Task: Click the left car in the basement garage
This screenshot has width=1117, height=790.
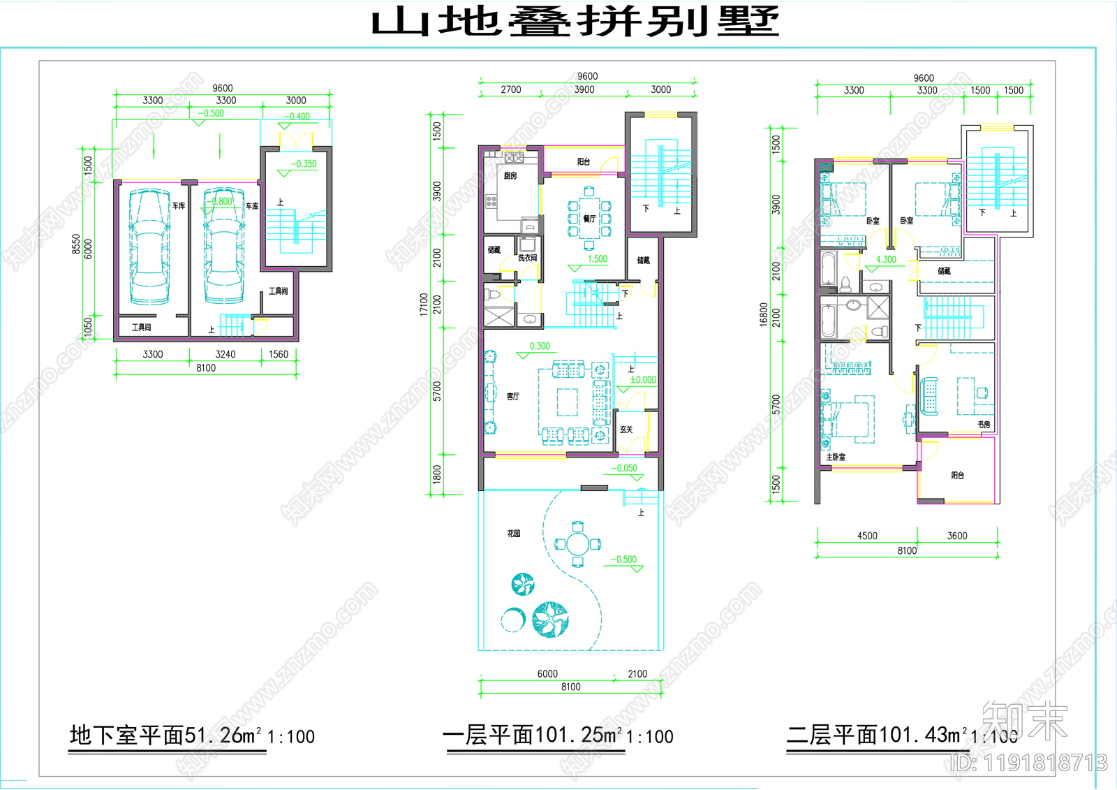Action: point(149,246)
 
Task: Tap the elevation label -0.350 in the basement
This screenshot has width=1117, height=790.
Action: point(304,163)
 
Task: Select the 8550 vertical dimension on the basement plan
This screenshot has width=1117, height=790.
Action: point(76,244)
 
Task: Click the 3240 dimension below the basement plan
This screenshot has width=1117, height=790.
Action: point(225,354)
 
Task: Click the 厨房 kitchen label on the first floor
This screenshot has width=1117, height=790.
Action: point(510,176)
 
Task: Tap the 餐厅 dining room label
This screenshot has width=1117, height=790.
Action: point(589,219)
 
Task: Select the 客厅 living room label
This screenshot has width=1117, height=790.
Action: point(512,396)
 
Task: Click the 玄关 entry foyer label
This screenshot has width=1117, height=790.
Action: point(626,430)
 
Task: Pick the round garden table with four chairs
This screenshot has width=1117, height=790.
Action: point(578,543)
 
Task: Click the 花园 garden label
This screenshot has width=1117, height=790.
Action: point(514,533)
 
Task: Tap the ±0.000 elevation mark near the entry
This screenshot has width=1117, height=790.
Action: point(643,380)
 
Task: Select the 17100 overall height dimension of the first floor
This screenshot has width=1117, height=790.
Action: point(424,304)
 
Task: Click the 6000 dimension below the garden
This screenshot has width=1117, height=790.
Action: point(547,673)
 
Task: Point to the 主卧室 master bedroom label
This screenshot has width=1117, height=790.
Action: point(836,457)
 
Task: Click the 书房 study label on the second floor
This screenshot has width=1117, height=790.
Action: point(983,424)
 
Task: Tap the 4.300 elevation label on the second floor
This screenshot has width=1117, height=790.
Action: point(886,259)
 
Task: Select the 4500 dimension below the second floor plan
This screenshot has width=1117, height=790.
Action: point(867,536)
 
